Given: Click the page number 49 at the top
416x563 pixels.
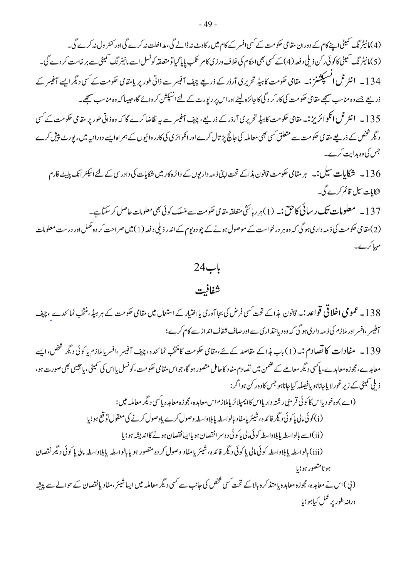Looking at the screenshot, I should pos(208,25).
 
